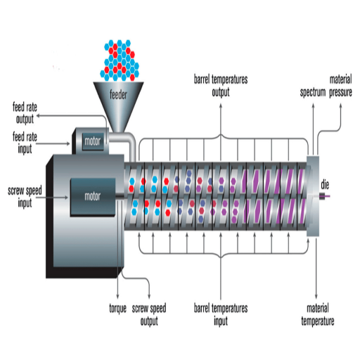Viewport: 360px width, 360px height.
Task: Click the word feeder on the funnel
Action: point(118,94)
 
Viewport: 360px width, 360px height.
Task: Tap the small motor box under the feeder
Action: point(93,141)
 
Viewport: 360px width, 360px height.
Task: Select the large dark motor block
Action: point(93,196)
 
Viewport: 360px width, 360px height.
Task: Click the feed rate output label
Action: point(25,113)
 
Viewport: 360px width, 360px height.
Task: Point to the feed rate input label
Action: point(25,143)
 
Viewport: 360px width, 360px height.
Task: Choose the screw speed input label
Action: point(25,197)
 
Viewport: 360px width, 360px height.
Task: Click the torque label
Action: point(117,309)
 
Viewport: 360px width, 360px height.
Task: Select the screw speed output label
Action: point(149,315)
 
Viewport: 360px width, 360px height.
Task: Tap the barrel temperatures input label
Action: point(221,315)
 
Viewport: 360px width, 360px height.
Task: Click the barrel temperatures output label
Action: point(221,86)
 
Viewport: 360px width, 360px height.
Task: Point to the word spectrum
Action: point(313,92)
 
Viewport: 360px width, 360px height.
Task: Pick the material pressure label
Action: point(340,86)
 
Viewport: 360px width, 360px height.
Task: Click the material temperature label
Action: point(318,315)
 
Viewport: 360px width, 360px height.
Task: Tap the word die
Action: point(325,185)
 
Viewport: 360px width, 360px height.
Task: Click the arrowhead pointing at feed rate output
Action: point(38,115)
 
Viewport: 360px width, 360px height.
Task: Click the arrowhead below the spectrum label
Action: point(313,105)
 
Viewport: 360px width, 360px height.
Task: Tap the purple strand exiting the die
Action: point(328,196)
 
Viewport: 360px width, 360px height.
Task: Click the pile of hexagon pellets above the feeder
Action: point(120,60)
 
